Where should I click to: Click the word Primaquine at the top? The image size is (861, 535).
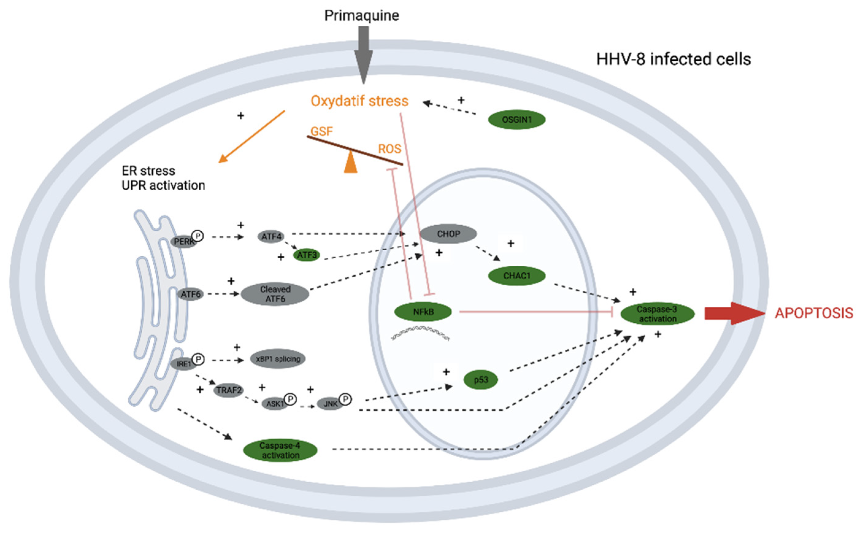pos(362,16)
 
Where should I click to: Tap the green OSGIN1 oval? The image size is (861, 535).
pos(517,120)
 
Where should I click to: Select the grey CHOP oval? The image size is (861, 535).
pos(448,234)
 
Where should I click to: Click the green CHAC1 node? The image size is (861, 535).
pos(517,276)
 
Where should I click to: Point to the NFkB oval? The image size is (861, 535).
pos(423,312)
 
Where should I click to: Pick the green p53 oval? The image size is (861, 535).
pos(481,380)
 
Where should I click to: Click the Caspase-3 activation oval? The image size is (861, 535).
pos(657,314)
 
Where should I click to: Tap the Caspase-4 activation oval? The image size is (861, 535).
pos(280,450)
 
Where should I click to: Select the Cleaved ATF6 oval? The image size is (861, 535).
pos(275,294)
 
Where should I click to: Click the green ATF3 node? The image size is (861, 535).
pos(307,255)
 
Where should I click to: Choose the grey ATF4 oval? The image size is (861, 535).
pos(271,236)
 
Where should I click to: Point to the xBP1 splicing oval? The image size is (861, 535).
pos(278,359)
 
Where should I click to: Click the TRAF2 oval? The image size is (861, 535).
pos(229,390)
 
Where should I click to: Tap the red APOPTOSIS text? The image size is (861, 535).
pos(814,313)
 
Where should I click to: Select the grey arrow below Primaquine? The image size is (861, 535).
pos(363,55)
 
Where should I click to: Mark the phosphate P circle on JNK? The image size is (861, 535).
pos(345,400)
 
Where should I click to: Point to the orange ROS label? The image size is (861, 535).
pos(389,149)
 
